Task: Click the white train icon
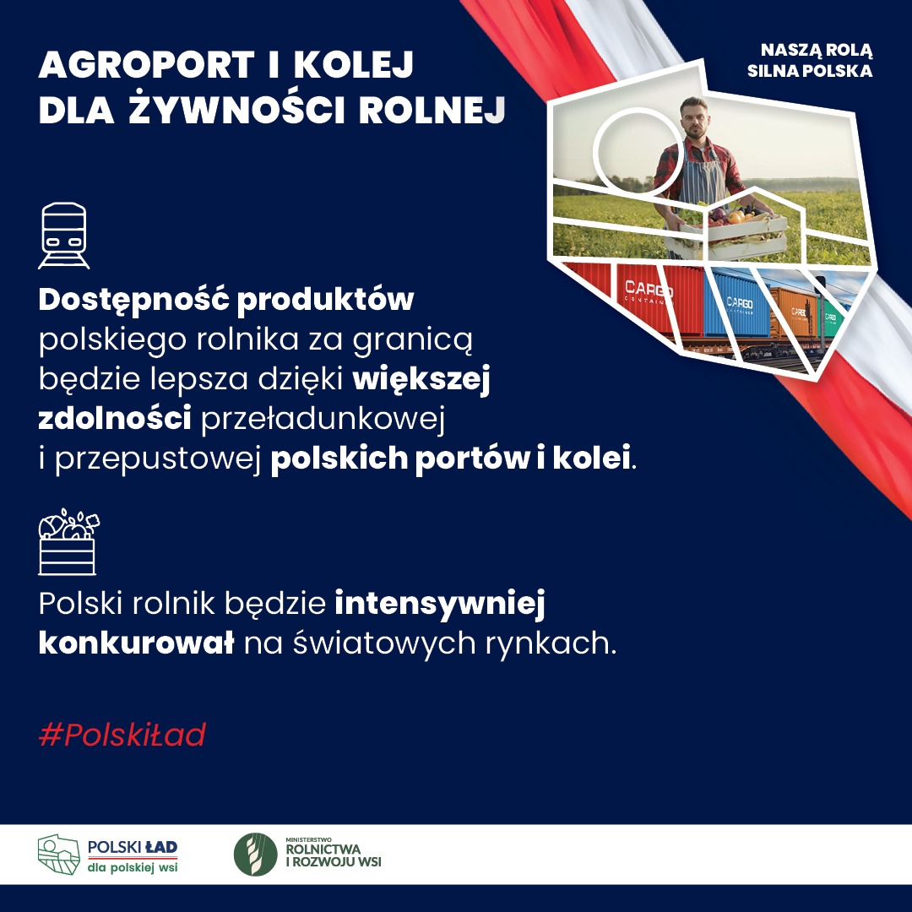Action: [x=64, y=236]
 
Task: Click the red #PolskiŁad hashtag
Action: [x=122, y=735]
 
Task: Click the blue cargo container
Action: [x=737, y=304]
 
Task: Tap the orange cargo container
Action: [x=793, y=312]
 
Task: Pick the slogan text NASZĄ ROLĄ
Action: [x=817, y=51]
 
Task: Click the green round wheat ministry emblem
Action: [x=255, y=855]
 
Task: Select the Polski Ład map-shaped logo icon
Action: [x=59, y=855]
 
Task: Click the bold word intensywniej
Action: [x=440, y=603]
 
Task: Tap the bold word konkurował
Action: [x=136, y=643]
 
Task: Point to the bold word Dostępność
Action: [x=133, y=301]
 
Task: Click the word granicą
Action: [x=412, y=340]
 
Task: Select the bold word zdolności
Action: [x=115, y=418]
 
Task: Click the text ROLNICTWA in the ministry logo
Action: [x=323, y=850]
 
